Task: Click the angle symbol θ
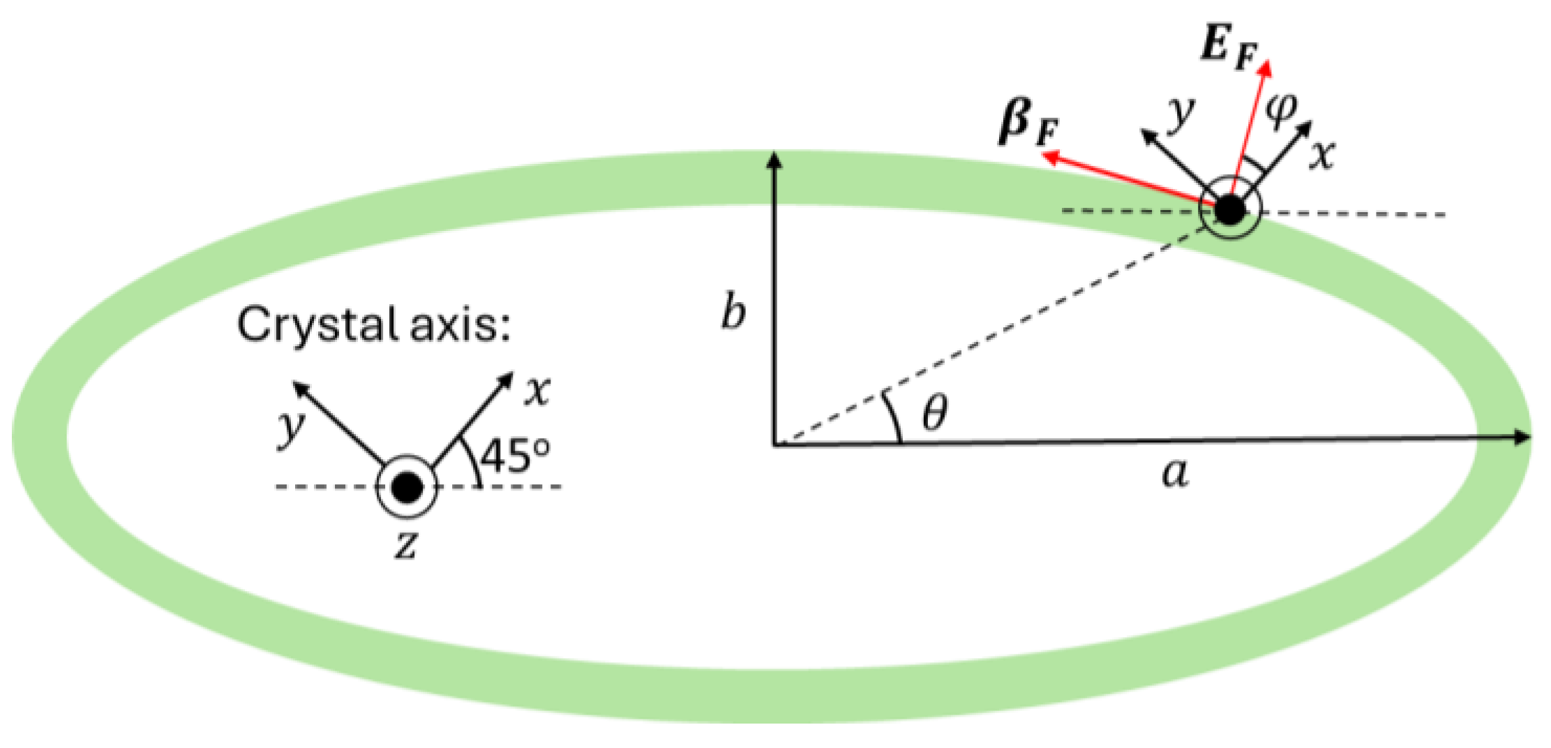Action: coord(934,413)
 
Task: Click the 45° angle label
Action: coord(515,457)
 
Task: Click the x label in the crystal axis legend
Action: coord(538,391)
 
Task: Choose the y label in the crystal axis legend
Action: coord(290,426)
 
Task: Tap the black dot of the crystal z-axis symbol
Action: coord(407,487)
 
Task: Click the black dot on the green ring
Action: coord(1230,210)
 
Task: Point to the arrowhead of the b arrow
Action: coord(774,160)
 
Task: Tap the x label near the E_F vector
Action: coord(1321,155)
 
